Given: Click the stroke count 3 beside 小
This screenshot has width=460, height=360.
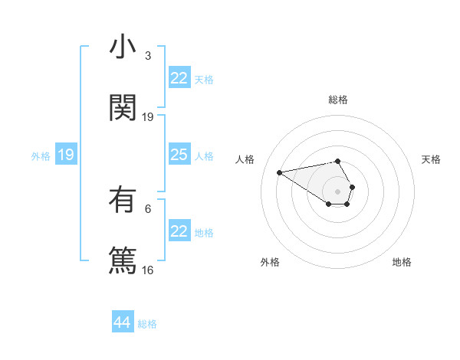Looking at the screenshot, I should [147, 56].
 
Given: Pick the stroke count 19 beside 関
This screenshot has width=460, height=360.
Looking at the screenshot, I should [147, 116].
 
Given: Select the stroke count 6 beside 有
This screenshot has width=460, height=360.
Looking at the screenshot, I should [147, 208].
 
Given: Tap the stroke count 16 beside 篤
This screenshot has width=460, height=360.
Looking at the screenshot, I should [147, 269].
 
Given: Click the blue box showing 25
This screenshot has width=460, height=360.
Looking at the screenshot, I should [179, 155].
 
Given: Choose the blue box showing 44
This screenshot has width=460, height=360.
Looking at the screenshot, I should [123, 322].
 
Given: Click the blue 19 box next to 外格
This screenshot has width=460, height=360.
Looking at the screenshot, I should [66, 155].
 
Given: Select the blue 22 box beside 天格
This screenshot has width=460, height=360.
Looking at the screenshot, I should [179, 78].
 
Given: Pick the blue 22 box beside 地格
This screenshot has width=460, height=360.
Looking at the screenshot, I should [179, 231].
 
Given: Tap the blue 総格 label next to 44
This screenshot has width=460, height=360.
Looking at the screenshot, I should [147, 324].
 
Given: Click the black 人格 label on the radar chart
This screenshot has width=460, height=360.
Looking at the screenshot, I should [245, 159].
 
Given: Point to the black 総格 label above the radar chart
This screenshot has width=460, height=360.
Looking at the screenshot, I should [338, 100].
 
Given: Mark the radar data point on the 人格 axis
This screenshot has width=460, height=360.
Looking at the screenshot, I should [279, 172].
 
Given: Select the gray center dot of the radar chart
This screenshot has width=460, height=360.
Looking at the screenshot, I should [338, 191].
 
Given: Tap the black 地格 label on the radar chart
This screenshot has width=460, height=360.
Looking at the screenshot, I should [402, 262].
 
